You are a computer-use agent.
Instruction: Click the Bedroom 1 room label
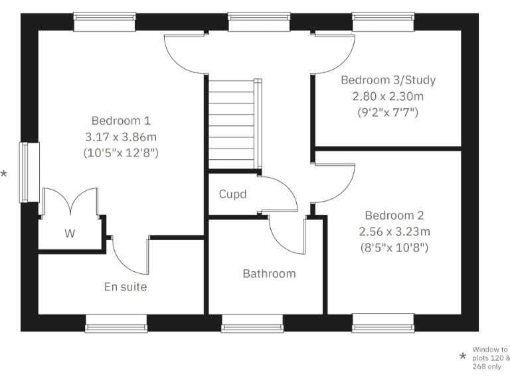tap(121, 121)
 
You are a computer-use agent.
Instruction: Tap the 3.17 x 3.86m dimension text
tap(121, 137)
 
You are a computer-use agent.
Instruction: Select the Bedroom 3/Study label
tap(388, 80)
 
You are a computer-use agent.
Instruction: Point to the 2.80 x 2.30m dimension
tap(388, 96)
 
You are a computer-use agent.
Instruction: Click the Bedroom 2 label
tap(394, 216)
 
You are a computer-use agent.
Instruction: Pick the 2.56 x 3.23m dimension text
tap(394, 231)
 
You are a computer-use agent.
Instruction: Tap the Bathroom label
tap(269, 273)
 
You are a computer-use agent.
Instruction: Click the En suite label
tap(126, 287)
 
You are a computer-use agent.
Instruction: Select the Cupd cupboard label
tap(232, 194)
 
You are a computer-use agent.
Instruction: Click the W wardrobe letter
tap(69, 233)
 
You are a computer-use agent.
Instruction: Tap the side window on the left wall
tap(25, 172)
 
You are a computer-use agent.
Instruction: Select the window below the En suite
tap(116, 323)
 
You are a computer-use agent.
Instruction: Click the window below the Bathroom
tap(252, 323)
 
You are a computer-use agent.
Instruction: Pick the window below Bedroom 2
tap(383, 323)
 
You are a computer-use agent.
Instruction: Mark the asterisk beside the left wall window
tap(4, 174)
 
